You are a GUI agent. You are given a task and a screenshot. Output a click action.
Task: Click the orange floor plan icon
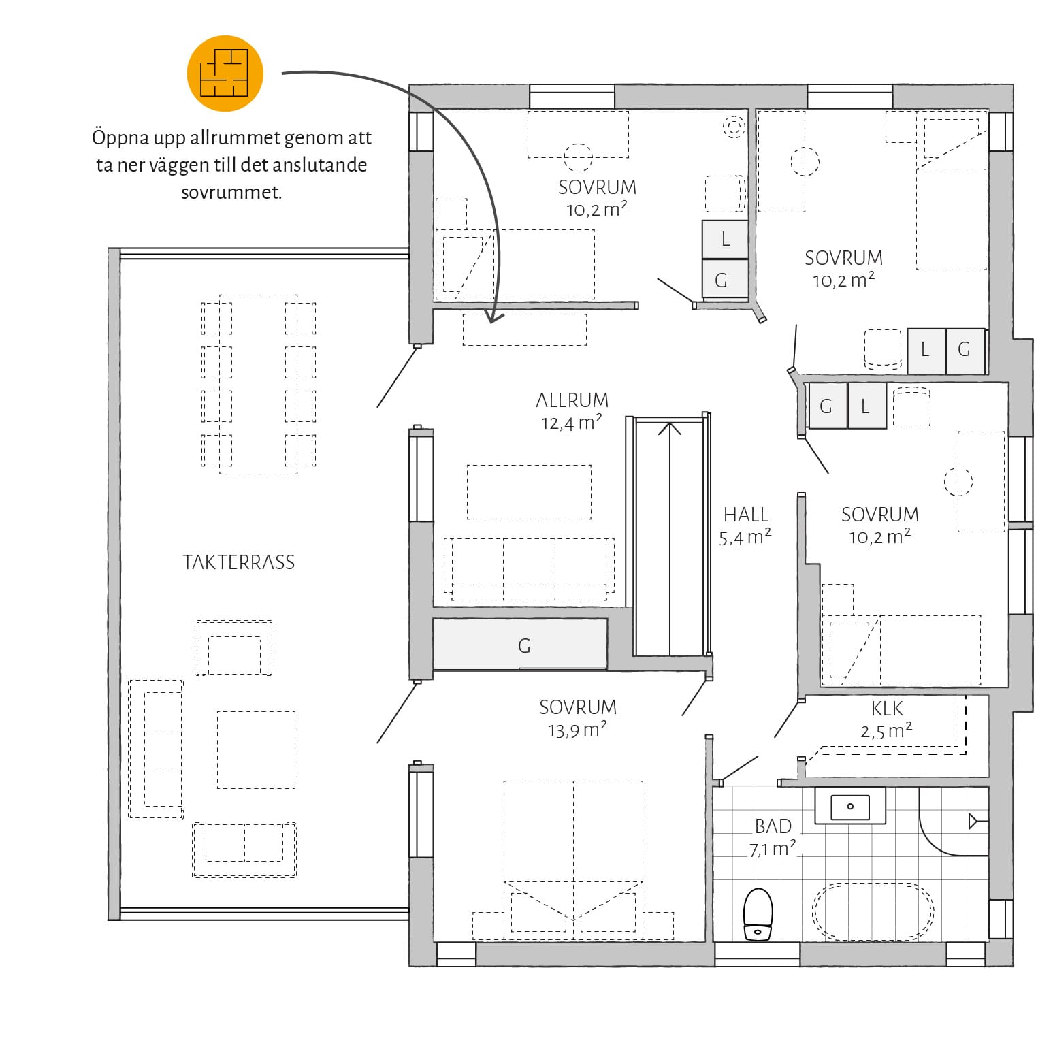tap(225, 74)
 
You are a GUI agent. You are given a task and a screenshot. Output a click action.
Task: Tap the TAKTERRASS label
tap(239, 562)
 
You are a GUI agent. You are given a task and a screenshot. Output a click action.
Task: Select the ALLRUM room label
tap(572, 400)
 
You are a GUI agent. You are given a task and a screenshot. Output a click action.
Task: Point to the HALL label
tap(746, 515)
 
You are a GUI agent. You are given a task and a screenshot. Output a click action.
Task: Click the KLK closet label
tap(888, 709)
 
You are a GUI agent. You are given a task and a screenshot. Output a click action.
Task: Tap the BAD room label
tap(773, 826)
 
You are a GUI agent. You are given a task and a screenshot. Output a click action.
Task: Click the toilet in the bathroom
tap(758, 915)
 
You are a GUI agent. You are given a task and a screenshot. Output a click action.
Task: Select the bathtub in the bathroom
tap(873, 912)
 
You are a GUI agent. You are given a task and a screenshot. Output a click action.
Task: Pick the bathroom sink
tap(850, 807)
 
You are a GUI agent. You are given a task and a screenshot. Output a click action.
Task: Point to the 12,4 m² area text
tap(572, 423)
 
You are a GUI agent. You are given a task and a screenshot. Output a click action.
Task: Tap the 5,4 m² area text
tap(745, 538)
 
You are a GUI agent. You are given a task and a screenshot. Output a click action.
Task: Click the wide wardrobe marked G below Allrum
tap(520, 644)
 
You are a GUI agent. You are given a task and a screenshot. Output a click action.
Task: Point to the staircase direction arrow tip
tap(670, 423)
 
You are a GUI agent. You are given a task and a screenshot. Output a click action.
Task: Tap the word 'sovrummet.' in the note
tap(231, 192)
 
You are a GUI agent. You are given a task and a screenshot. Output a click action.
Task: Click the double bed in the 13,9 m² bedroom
tap(573, 856)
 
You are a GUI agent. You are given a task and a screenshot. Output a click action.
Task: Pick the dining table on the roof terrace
tap(259, 384)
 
